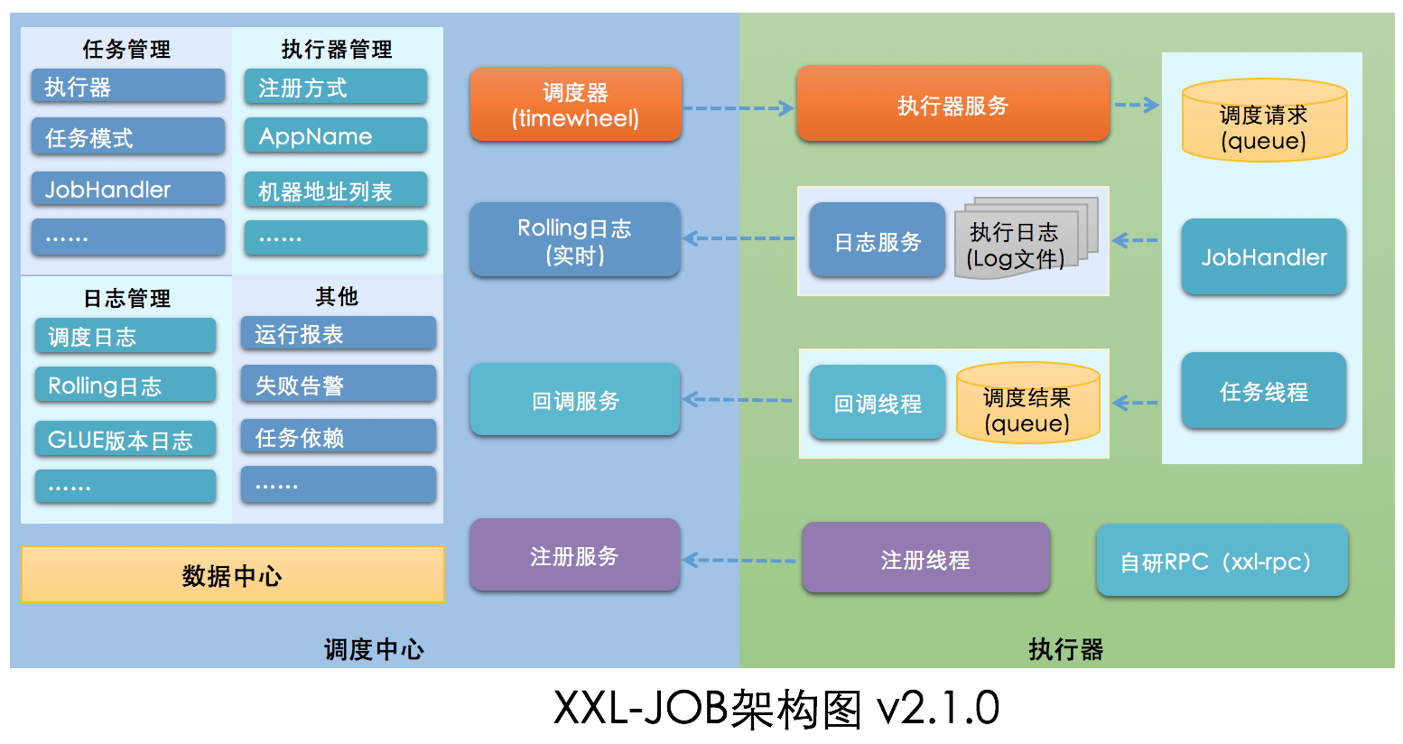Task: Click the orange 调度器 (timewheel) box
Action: [x=575, y=105]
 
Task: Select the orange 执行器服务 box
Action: [x=952, y=105]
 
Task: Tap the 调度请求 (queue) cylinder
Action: [x=1264, y=122]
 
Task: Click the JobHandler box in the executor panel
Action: [x=1263, y=257]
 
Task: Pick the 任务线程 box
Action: [x=1263, y=391]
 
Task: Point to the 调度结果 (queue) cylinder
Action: [x=1027, y=404]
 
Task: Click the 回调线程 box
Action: [x=877, y=403]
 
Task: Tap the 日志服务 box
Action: [x=877, y=241]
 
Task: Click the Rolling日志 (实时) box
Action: [x=574, y=240]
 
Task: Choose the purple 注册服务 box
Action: [x=574, y=555]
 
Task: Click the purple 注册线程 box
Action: [x=925, y=559]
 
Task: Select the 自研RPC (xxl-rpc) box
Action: [x=1222, y=561]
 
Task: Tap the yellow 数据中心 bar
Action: [x=232, y=574]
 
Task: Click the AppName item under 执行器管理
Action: [x=335, y=136]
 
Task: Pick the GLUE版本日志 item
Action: [x=125, y=440]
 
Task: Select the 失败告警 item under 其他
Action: [x=338, y=386]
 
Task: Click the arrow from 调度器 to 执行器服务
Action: [x=738, y=108]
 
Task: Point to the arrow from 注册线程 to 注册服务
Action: [x=739, y=560]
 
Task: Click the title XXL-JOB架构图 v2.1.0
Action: [x=776, y=708]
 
